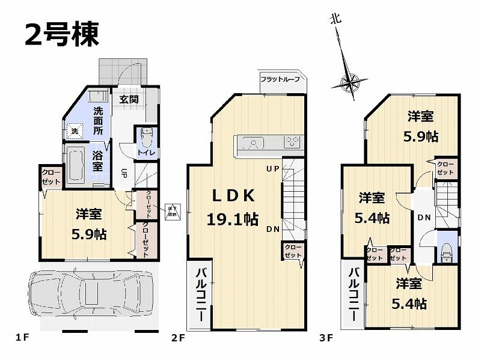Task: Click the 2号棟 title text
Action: tap(61, 34)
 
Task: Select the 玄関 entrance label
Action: tap(128, 100)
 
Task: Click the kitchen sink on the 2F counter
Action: tap(254, 143)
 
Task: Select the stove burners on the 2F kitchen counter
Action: tap(293, 142)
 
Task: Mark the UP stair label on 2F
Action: tap(272, 169)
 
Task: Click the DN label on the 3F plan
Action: tap(423, 217)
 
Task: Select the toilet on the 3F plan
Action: tap(446, 254)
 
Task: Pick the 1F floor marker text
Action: tap(22, 338)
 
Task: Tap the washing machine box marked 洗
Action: tap(75, 130)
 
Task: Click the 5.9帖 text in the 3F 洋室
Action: tap(420, 136)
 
